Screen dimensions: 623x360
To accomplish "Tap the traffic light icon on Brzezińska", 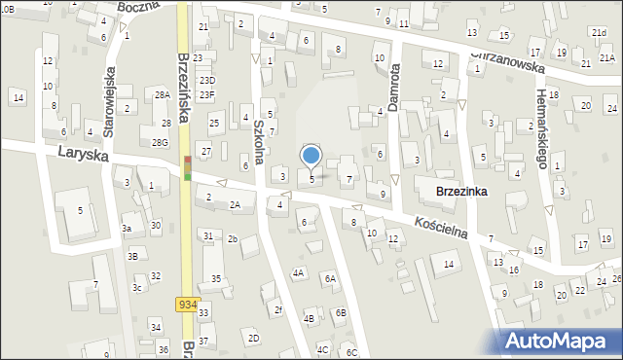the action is click(x=188, y=171).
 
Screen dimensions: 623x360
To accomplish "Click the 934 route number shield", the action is click(x=188, y=305).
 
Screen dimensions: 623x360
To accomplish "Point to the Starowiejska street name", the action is click(x=110, y=97).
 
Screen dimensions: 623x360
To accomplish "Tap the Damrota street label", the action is click(x=394, y=85).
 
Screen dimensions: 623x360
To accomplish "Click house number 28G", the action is click(x=160, y=143).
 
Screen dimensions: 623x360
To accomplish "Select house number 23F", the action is click(x=207, y=94).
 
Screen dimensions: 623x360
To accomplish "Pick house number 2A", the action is click(x=235, y=204).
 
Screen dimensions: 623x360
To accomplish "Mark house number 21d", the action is click(x=599, y=33).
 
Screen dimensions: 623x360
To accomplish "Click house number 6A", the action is click(x=330, y=279).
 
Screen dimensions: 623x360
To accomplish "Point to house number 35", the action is click(x=216, y=279).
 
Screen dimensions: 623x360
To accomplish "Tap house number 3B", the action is click(x=132, y=257).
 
